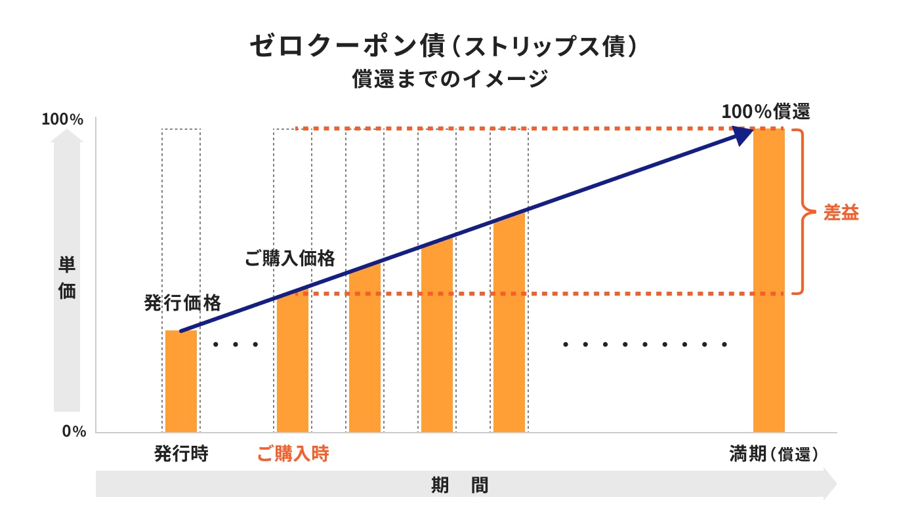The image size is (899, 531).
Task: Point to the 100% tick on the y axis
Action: point(62,120)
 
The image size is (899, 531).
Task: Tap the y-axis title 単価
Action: point(67,279)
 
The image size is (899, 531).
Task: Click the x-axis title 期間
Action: point(459,486)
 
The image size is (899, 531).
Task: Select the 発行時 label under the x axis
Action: point(180,454)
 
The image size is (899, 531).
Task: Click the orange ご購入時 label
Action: point(293,454)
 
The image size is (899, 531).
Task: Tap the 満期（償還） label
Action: point(774,454)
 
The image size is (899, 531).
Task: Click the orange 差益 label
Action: point(841,213)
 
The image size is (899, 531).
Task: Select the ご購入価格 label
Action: point(289,258)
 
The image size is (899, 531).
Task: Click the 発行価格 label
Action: point(182,303)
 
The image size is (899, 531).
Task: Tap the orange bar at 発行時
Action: point(181,382)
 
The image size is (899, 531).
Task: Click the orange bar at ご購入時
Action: point(293,364)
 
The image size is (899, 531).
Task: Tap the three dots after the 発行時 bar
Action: point(236,344)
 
